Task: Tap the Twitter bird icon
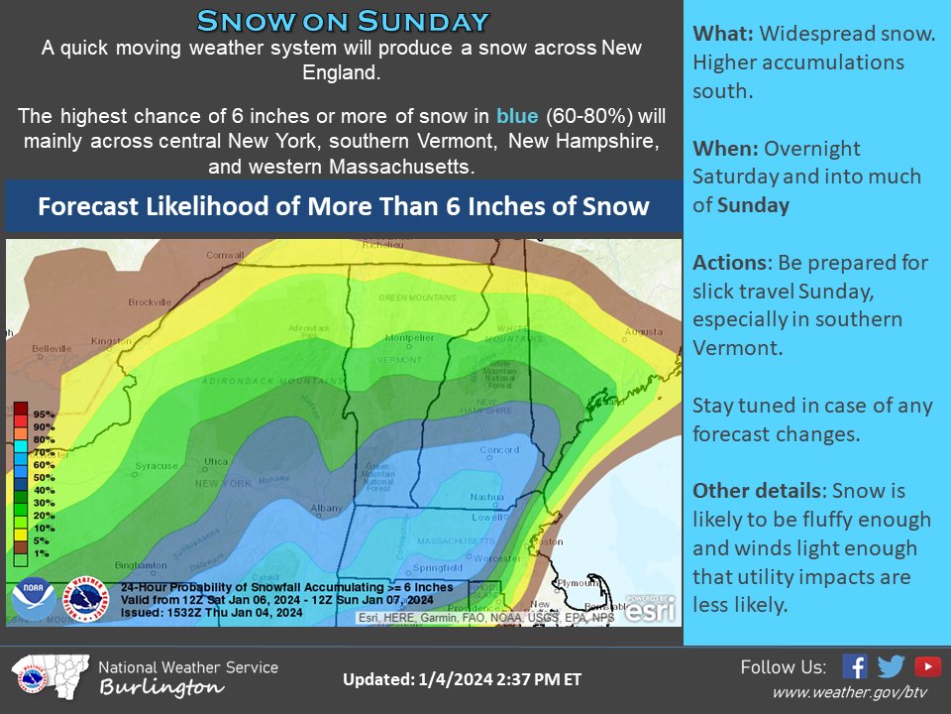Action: (x=891, y=666)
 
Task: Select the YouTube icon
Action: (x=928, y=666)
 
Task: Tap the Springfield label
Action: (x=436, y=567)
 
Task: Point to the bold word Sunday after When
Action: (x=753, y=205)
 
